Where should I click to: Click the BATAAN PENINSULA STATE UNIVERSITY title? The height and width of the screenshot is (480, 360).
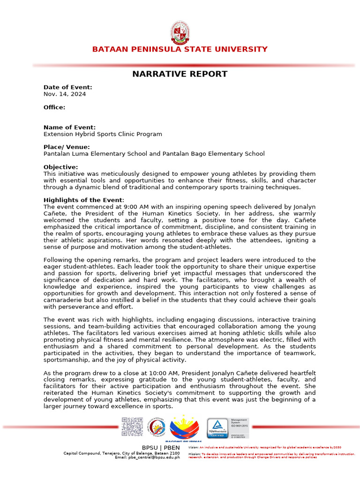[180, 49]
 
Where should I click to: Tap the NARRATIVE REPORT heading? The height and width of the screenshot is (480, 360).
[180, 74]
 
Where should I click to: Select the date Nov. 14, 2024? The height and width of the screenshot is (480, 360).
[65, 94]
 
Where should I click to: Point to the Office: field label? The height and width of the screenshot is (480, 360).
[54, 107]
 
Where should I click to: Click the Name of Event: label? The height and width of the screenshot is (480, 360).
[69, 127]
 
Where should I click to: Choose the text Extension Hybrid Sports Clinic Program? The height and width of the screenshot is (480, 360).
[103, 134]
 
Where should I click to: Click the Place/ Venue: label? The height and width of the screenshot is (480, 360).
[67, 147]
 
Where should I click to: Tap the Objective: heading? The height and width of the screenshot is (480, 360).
[61, 167]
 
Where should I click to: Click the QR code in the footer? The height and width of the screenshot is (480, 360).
[132, 427]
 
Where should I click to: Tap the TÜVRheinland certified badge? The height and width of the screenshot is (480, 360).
[218, 427]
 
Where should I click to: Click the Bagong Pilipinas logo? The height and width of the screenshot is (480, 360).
[184, 429]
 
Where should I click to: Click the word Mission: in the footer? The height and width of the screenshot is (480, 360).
[195, 454]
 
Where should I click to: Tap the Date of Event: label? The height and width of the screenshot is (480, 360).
[68, 87]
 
